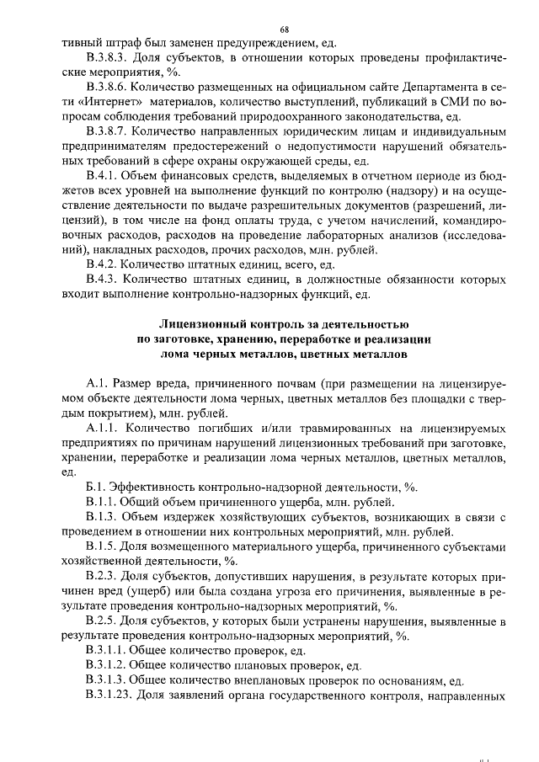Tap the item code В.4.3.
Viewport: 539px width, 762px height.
[103, 278]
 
